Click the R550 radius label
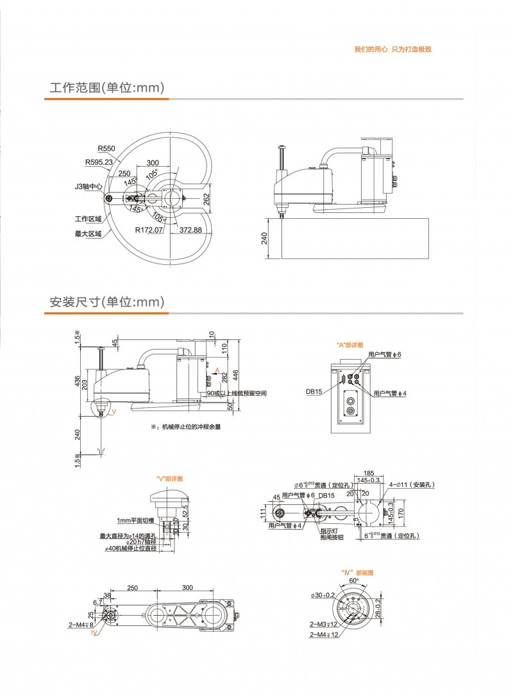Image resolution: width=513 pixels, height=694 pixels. (x=106, y=148)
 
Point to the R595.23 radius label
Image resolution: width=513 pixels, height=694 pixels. (x=99, y=162)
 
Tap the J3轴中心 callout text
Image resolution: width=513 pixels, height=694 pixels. (x=88, y=187)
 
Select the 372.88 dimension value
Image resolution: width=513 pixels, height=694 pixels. (x=190, y=230)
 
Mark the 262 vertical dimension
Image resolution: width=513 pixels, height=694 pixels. (x=206, y=199)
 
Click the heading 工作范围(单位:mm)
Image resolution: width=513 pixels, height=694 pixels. (x=108, y=87)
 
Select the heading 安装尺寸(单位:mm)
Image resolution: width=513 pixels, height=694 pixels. (x=108, y=301)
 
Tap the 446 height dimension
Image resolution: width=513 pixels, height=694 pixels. (x=235, y=373)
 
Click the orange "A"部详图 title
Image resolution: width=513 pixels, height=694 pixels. (x=350, y=345)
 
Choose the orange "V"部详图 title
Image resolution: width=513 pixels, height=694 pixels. (x=170, y=479)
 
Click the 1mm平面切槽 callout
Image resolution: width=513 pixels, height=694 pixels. (x=135, y=520)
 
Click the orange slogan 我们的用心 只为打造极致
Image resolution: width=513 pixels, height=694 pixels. (x=393, y=49)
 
